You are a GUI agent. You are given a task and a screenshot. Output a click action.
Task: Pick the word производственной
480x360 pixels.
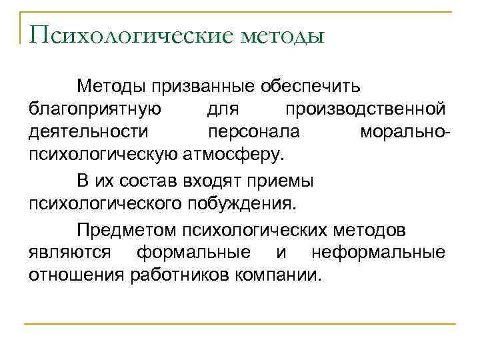[365, 109]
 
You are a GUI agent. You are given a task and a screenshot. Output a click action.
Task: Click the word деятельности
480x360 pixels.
[88, 132]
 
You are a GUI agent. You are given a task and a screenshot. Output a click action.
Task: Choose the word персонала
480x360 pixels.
[253, 132]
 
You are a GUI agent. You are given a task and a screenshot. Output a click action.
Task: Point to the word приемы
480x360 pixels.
[283, 181]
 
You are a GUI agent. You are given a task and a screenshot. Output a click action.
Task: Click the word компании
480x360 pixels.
[278, 275]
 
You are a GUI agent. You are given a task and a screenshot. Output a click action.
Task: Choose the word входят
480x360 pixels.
[213, 181]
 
